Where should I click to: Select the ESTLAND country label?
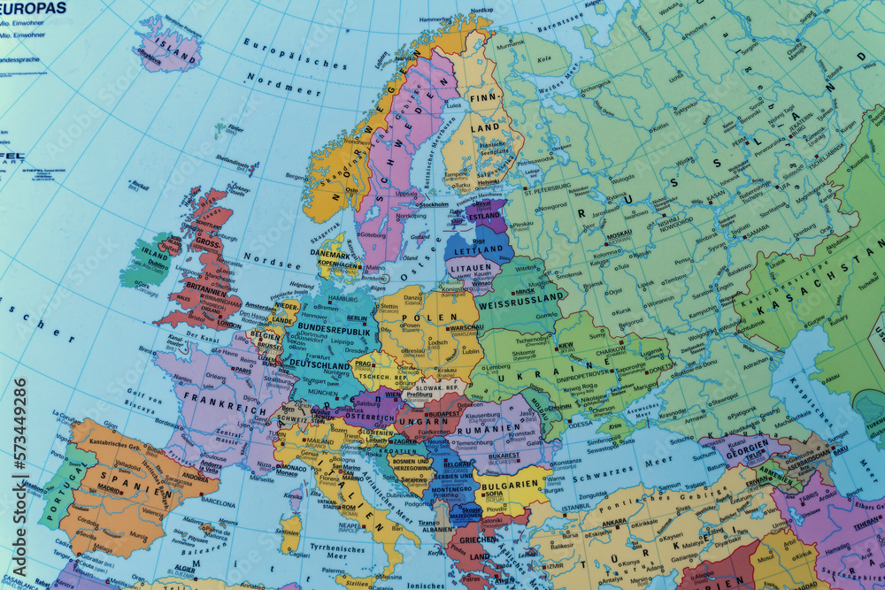click(x=484, y=215)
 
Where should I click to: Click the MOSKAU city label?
click(x=619, y=234)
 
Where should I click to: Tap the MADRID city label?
click(x=109, y=487)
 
